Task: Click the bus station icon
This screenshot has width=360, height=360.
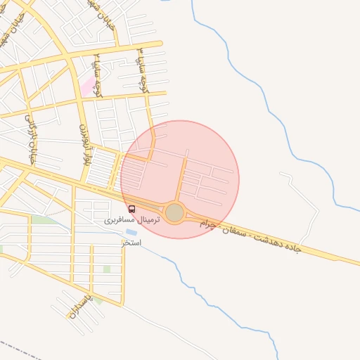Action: tap(132, 209)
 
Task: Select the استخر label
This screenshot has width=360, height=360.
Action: tap(131, 243)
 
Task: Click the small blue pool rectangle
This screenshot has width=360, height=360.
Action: tap(131, 231)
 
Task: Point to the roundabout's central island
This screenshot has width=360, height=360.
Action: tap(174, 212)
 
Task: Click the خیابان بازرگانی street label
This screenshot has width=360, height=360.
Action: tap(31, 137)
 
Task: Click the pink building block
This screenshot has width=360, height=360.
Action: tap(89, 86)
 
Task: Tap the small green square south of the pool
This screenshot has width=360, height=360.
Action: tap(107, 269)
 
